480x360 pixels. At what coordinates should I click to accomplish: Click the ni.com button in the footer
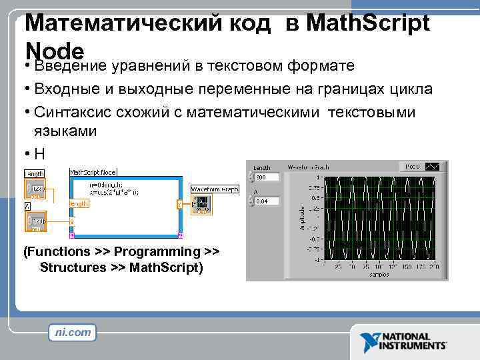[x=73, y=333]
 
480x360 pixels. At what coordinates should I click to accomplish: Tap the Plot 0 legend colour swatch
[x=432, y=166]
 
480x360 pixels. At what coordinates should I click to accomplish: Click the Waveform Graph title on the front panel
[x=309, y=167]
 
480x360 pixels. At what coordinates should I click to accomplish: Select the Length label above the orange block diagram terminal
[x=35, y=173]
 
